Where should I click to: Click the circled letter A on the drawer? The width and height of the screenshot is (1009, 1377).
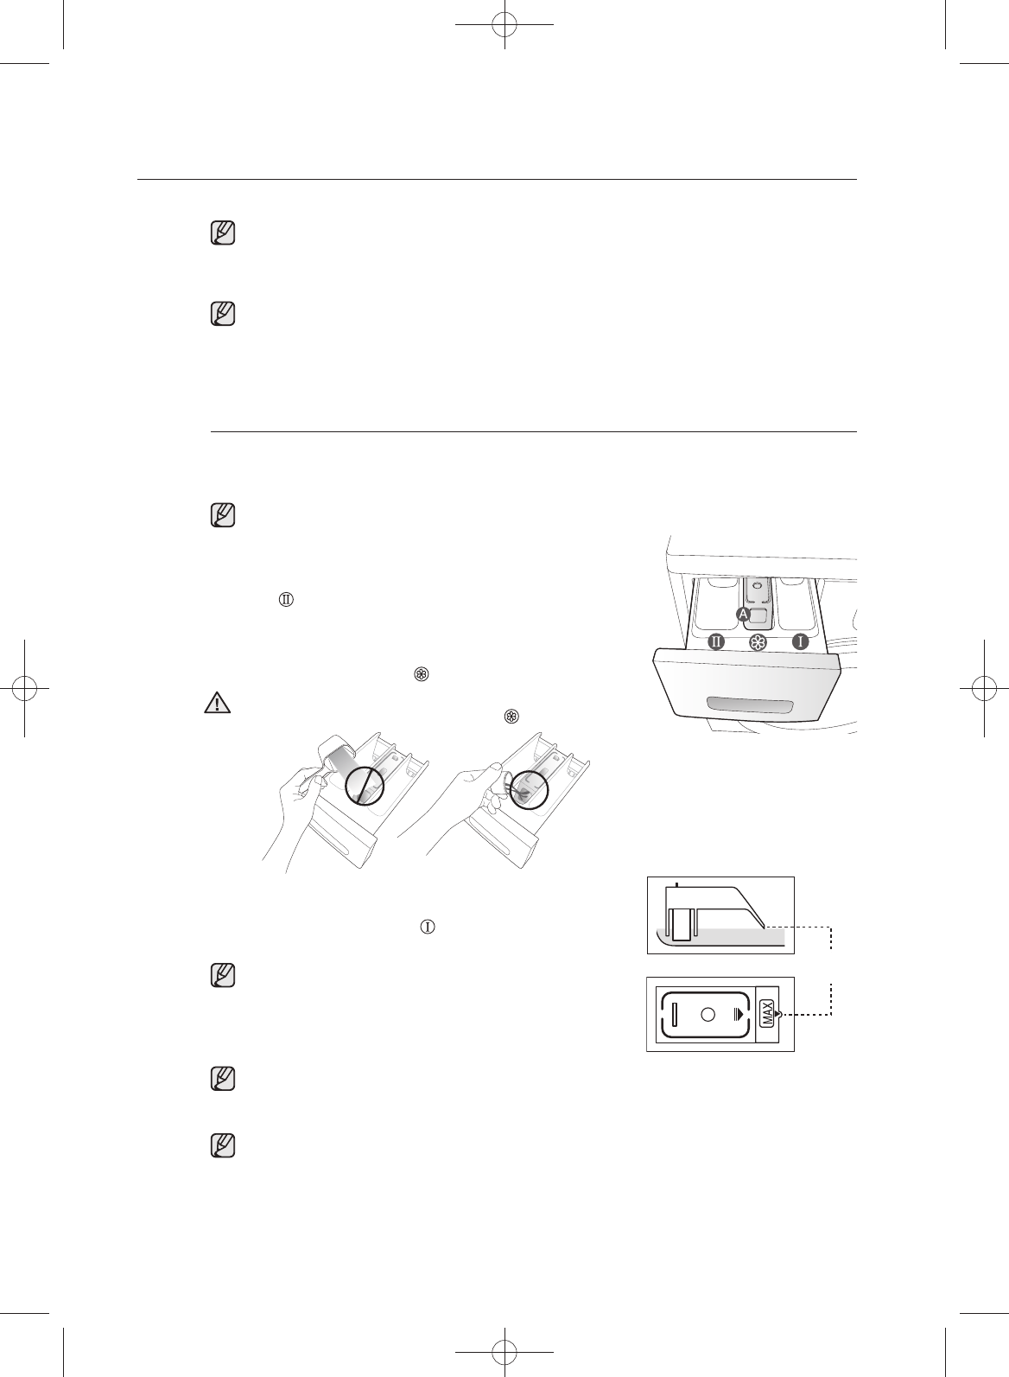(743, 613)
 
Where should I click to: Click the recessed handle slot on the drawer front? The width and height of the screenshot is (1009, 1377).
(749, 706)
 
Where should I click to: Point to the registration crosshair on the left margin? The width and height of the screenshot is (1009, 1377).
(25, 688)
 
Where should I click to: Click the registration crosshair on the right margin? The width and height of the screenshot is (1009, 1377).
(984, 688)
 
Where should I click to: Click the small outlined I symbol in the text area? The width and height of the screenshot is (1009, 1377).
(426, 926)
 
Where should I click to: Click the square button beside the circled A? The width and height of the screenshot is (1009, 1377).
(760, 615)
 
